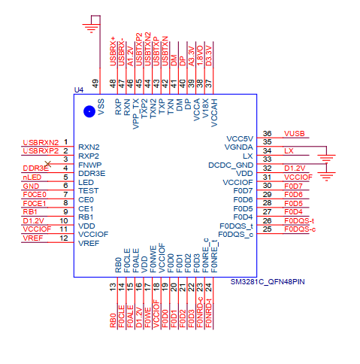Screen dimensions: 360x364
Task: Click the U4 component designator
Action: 79,89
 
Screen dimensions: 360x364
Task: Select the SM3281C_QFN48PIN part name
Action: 268,282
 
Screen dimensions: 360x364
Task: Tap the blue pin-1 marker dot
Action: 89,111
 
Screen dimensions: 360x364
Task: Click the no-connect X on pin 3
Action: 48,164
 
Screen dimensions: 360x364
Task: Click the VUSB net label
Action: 295,134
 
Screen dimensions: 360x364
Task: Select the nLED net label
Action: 32,177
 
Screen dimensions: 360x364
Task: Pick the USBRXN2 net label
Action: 41,142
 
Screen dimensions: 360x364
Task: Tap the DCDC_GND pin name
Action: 231,165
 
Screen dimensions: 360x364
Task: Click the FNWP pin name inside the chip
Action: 90,165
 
